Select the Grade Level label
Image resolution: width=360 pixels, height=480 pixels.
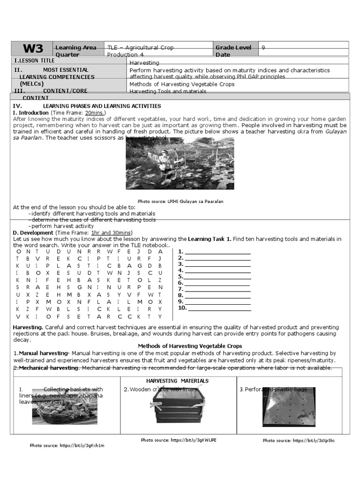coord(233,47)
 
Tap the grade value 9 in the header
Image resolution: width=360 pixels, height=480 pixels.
coord(263,47)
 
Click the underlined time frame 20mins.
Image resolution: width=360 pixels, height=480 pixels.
coord(95,113)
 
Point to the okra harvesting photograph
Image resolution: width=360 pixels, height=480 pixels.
coord(180,163)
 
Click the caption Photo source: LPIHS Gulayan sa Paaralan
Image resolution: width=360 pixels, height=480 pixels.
coord(180,202)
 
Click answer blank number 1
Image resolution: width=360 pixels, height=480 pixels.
coord(217,252)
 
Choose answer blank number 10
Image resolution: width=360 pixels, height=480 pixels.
coord(219,308)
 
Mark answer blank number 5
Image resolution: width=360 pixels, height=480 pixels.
coord(217,277)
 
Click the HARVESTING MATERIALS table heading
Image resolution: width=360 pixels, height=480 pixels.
coord(177,381)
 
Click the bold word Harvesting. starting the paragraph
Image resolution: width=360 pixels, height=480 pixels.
coord(28,327)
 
